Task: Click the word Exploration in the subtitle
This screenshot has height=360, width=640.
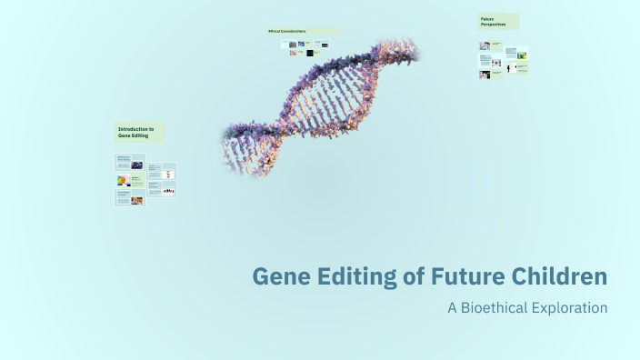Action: pyautogui.click(x=570, y=307)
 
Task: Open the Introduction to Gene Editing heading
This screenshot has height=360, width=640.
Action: pyautogui.click(x=139, y=133)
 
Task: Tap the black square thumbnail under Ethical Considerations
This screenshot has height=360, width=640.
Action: pyautogui.click(x=310, y=53)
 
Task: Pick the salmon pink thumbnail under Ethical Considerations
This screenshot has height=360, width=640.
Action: pyautogui.click(x=293, y=53)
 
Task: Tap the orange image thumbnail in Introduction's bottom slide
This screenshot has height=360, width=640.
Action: pyautogui.click(x=136, y=200)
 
